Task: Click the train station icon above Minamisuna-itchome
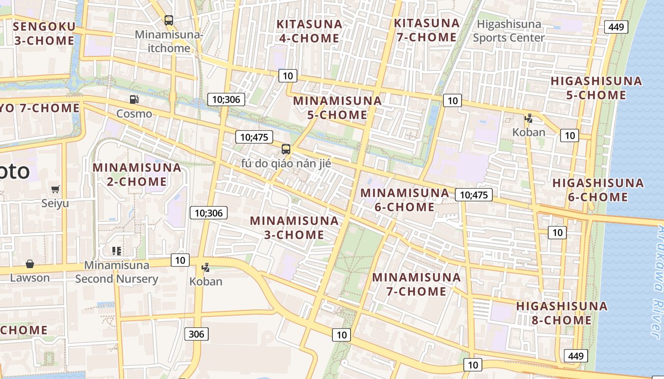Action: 169,20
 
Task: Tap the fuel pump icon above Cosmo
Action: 134,99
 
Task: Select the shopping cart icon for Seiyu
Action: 55,189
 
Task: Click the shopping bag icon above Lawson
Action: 30,264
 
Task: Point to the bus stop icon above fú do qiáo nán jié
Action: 286,149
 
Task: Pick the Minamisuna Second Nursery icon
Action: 117,251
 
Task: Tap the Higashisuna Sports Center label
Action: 509,31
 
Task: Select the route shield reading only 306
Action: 196,334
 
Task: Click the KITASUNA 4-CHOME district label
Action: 309,31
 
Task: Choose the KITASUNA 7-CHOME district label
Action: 426,30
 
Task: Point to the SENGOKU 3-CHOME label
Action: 44,33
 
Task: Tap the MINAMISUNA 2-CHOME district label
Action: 137,174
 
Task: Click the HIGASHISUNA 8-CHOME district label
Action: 562,313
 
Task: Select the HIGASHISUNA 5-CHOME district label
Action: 596,88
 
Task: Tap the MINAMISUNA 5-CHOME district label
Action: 337,108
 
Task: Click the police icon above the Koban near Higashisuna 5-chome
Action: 528,118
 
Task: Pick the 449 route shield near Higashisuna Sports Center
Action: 616,27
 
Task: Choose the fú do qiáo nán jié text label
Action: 286,163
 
